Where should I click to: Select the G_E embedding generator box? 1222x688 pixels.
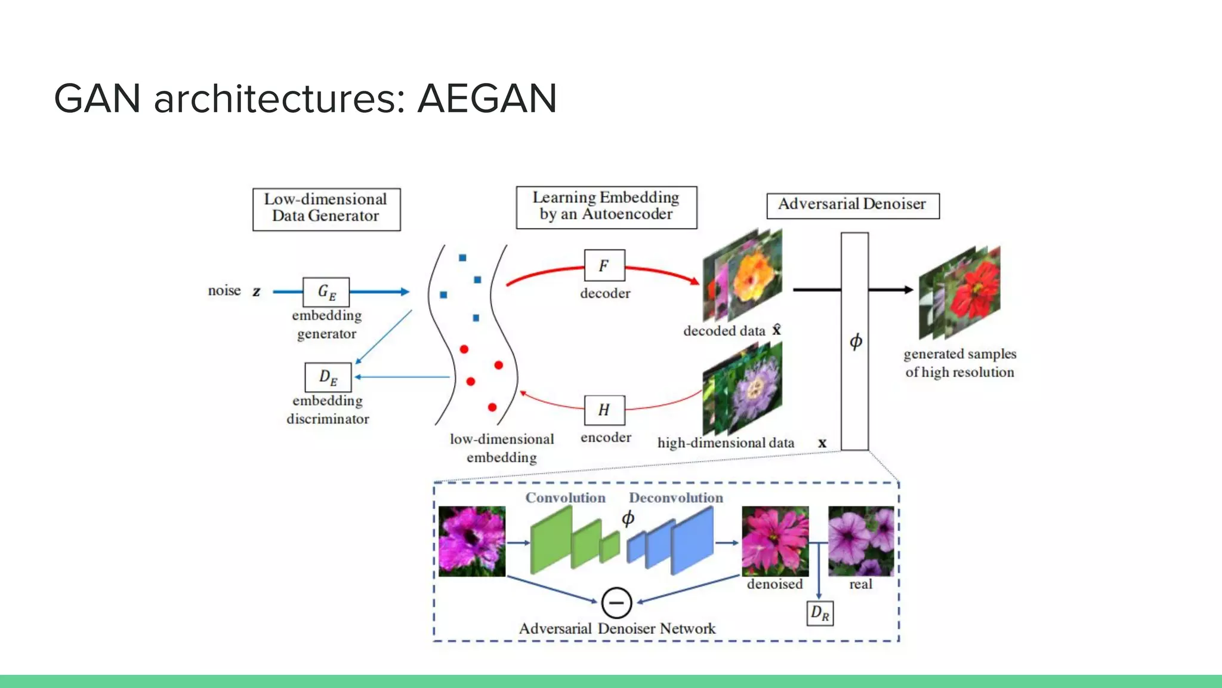click(326, 292)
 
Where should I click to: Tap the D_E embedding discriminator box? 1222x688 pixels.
click(328, 377)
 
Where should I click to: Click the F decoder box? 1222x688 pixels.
click(604, 266)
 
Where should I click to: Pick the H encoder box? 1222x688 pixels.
click(604, 410)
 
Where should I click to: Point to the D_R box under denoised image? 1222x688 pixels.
click(819, 613)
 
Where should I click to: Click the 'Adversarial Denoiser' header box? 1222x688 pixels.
click(852, 205)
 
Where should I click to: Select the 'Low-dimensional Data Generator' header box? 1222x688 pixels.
click(326, 208)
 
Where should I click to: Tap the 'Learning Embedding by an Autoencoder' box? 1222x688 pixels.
click(606, 207)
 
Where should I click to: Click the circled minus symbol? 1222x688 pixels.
click(616, 603)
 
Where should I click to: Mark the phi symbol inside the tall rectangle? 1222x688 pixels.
click(855, 342)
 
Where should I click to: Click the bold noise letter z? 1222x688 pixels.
click(256, 291)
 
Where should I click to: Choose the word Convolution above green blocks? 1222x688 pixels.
click(564, 497)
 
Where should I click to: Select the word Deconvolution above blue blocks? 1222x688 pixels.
click(675, 497)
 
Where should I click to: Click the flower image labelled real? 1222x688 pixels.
click(860, 540)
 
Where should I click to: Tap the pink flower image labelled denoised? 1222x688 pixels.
click(774, 540)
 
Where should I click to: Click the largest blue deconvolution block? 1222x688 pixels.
click(692, 540)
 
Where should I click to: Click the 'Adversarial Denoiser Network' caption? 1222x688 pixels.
click(616, 629)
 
